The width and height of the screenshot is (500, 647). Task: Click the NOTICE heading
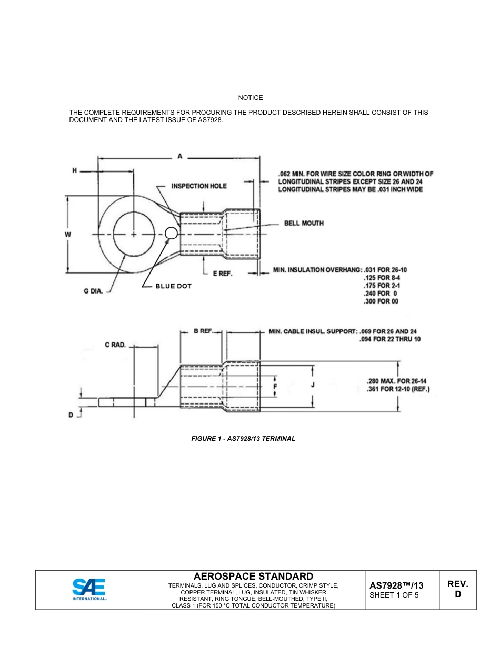click(x=250, y=98)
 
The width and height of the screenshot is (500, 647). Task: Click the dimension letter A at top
click(x=179, y=156)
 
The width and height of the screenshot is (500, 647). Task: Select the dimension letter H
click(x=74, y=170)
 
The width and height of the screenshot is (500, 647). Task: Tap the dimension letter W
click(x=68, y=234)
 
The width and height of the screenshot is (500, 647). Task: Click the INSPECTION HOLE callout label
click(x=199, y=186)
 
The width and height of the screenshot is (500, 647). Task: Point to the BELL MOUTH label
click(x=304, y=223)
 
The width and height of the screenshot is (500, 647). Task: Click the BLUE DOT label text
click(x=173, y=286)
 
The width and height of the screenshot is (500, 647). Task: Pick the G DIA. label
click(x=93, y=291)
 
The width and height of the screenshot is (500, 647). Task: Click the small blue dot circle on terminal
click(x=171, y=233)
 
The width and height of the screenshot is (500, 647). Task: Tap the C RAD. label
click(x=115, y=345)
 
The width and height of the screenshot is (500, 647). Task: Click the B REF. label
click(x=203, y=331)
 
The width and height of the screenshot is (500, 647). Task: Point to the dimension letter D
click(x=71, y=415)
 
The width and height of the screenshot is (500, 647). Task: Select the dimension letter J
click(x=313, y=385)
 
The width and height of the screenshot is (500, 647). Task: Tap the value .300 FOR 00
click(x=381, y=301)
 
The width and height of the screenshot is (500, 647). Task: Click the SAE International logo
click(x=89, y=590)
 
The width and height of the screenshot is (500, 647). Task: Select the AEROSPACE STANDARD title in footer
click(x=253, y=576)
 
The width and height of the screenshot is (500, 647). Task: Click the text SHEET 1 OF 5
click(x=394, y=595)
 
